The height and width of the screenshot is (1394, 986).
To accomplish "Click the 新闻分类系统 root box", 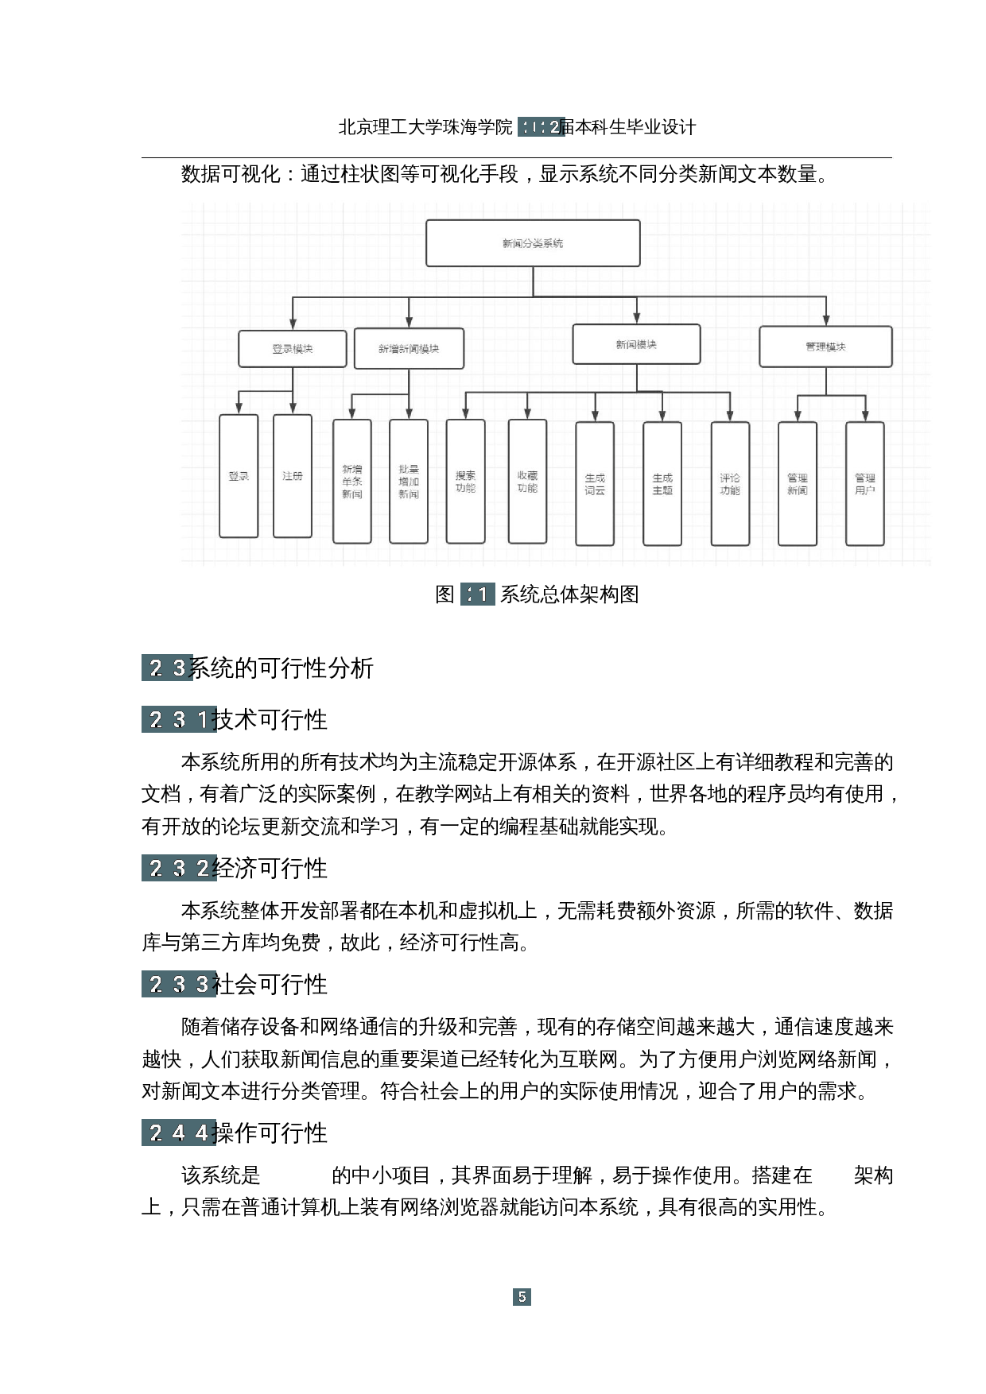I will tap(533, 243).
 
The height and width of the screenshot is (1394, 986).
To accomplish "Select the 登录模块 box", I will tap(293, 349).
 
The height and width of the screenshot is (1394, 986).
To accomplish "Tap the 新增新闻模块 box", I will tap(409, 349).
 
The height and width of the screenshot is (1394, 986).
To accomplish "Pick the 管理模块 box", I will tap(825, 347).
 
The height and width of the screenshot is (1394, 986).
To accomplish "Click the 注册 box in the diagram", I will tap(293, 476).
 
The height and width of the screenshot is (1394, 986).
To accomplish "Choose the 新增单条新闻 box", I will tap(352, 482).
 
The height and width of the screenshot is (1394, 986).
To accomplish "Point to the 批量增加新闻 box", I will tap(409, 482).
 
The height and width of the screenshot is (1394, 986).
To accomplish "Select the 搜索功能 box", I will tap(466, 482).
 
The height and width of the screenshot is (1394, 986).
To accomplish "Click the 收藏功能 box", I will tap(527, 482).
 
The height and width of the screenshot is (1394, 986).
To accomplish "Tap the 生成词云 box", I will tap(595, 484).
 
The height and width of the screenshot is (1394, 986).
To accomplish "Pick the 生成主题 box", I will tap(662, 484).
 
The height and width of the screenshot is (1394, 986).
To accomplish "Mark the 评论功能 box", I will tap(730, 484).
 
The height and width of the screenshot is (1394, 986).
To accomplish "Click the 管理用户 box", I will tap(865, 484).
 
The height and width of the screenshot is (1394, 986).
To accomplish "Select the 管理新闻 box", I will tap(798, 484).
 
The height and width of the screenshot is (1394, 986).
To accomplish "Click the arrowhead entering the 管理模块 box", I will tap(826, 321).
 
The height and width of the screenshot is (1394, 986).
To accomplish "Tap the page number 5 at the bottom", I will tap(522, 1297).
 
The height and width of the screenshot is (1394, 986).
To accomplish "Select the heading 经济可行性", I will tap(270, 869).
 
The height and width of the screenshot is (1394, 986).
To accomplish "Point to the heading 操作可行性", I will tap(271, 1133).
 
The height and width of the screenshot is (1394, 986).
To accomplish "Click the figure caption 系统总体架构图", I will tap(569, 594).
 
